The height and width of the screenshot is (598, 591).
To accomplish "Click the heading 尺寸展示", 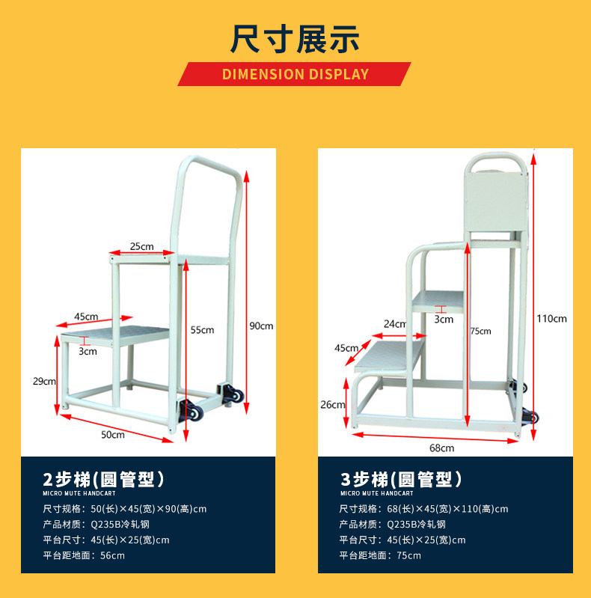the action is pos(295,38).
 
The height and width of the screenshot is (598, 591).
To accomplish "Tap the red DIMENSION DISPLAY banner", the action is pos(295,74).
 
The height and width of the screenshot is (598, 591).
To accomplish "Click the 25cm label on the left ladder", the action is pos(141,246).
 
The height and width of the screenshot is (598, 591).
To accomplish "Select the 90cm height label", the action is pos(261,326).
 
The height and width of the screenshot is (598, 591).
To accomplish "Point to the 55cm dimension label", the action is pos(202,329).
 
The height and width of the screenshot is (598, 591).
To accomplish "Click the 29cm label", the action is pos(44,381).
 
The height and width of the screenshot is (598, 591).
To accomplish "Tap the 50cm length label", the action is pos(113,434).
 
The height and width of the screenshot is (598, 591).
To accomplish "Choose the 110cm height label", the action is pos(551,318).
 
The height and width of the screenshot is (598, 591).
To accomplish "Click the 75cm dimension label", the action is pos(480,331).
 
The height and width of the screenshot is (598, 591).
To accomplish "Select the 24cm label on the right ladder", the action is pos(394,324).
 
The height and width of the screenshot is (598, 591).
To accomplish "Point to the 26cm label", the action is pos(333,405).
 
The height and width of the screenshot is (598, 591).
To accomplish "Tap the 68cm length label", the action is pos(441,448).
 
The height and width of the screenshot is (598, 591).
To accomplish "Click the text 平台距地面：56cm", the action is pos(84,555).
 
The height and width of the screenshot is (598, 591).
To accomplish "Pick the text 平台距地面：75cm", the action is pos(380,555).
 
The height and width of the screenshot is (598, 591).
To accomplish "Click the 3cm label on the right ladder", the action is pos(444,319).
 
